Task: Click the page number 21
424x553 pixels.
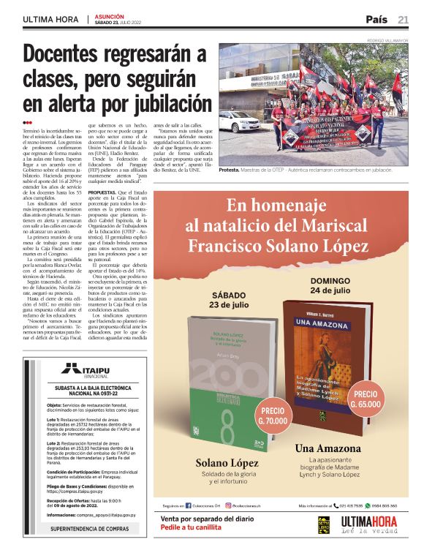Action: click(404, 19)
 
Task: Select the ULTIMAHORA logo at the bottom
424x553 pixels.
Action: click(370, 524)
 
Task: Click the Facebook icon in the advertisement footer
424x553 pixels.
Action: click(189, 505)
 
